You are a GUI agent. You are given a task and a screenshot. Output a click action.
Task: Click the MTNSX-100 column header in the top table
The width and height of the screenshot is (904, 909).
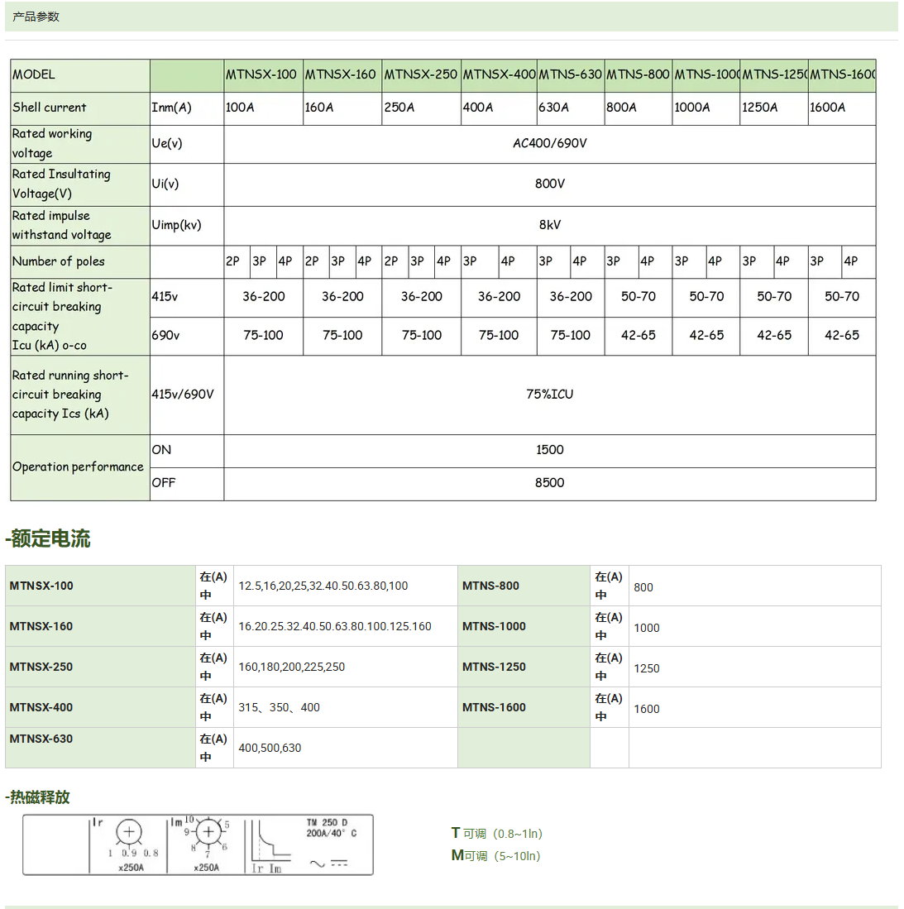pyautogui.click(x=261, y=74)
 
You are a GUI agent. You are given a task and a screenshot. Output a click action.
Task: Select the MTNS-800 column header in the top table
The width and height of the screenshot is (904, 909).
pyautogui.click(x=638, y=74)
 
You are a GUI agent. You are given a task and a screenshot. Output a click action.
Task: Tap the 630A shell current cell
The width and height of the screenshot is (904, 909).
pyautogui.click(x=553, y=108)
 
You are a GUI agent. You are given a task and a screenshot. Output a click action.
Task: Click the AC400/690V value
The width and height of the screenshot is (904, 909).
pyautogui.click(x=549, y=143)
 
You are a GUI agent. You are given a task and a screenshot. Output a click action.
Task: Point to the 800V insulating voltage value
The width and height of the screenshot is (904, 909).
pyautogui.click(x=549, y=184)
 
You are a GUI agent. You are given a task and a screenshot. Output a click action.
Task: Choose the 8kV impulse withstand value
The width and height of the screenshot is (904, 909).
pyautogui.click(x=549, y=225)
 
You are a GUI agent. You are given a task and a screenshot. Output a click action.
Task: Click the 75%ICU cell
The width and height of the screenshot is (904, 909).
pyautogui.click(x=549, y=395)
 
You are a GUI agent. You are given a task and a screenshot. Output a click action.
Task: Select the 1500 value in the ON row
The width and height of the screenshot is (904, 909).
pyautogui.click(x=549, y=450)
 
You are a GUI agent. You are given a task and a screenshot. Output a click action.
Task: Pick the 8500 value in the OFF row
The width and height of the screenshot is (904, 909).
pyautogui.click(x=549, y=483)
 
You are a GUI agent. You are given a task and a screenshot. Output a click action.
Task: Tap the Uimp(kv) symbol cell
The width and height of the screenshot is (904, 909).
pyautogui.click(x=176, y=225)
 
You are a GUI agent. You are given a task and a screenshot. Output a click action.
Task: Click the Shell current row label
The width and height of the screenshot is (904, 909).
pyautogui.click(x=50, y=108)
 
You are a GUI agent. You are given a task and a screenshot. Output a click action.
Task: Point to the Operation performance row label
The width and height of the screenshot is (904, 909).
pyautogui.click(x=78, y=467)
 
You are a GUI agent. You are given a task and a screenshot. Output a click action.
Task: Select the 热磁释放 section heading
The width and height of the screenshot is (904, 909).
pyautogui.click(x=38, y=797)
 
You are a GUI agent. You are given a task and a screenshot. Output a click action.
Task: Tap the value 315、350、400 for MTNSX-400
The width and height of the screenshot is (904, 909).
pyautogui.click(x=279, y=708)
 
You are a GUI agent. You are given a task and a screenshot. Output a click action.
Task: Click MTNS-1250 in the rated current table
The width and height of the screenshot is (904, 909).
pyautogui.click(x=494, y=667)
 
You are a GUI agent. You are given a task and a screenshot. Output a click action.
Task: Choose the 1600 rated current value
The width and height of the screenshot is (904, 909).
pyautogui.click(x=647, y=709)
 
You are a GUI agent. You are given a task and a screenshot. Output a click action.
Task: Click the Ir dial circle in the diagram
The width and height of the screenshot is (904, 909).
pyautogui.click(x=129, y=833)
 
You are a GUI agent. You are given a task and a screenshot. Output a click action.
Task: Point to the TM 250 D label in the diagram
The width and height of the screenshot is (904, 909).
pyautogui.click(x=328, y=823)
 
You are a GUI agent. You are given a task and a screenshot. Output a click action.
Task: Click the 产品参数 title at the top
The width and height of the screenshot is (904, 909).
pyautogui.click(x=36, y=17)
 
